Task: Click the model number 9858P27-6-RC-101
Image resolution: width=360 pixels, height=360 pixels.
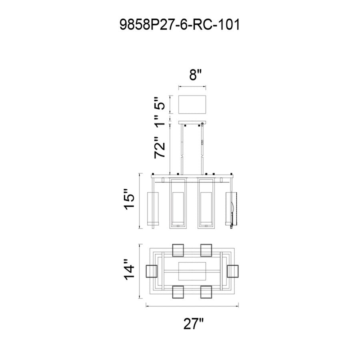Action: pos(180,24)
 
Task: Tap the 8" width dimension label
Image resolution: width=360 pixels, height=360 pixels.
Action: pos(195,74)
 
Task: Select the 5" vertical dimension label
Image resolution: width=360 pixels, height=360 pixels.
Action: pos(159,104)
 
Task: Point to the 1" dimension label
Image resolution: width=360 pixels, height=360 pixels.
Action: pos(159,120)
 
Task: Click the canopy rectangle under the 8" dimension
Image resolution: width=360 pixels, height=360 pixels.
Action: pos(192,104)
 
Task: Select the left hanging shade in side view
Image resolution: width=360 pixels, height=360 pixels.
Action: pos(153,208)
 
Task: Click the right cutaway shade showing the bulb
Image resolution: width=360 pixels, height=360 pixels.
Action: pos(232,208)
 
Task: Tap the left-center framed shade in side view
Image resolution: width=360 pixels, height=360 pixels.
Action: pos(178,203)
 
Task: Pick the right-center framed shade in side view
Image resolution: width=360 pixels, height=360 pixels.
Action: pos(206,203)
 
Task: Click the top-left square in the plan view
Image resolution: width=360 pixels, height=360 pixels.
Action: pos(178,250)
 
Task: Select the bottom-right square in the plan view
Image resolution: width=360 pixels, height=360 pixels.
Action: pos(206,292)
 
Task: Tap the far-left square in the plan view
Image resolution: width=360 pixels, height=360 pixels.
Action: pos(152,271)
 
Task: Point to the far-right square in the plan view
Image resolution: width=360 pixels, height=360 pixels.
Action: pos(232,271)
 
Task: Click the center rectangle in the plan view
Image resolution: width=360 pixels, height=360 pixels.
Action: pos(192,271)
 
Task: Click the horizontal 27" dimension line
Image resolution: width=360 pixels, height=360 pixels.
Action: pos(192,306)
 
